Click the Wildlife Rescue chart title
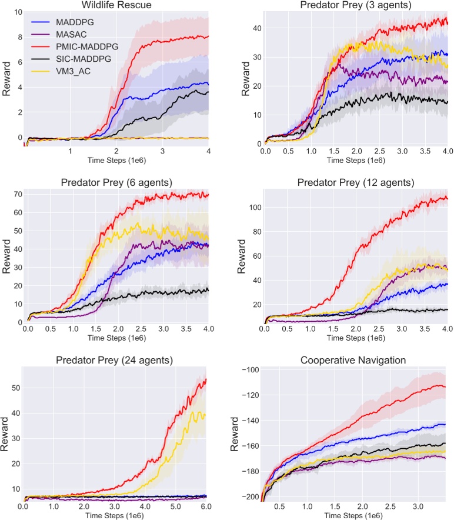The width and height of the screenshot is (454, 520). (115, 5)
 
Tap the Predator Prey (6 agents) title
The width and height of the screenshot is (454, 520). (115, 182)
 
